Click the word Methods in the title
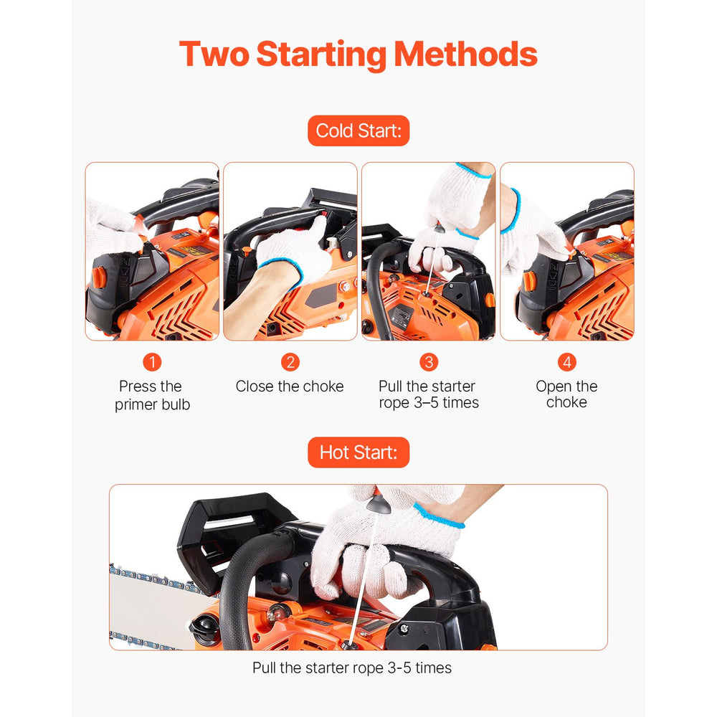click(x=465, y=54)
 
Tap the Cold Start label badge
click(x=358, y=130)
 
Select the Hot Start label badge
click(x=358, y=452)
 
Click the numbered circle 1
click(x=152, y=362)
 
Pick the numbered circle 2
click(x=290, y=362)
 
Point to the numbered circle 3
click(x=429, y=362)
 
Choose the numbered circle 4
click(x=567, y=362)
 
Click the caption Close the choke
click(x=290, y=386)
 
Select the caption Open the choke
click(x=566, y=394)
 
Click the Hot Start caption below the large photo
click(x=351, y=668)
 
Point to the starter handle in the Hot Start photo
click(x=378, y=503)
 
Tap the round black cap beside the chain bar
click(x=204, y=629)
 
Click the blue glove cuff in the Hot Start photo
click(x=439, y=517)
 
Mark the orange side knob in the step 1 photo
click(x=99, y=277)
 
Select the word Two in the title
click(x=214, y=54)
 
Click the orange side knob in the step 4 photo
click(x=529, y=281)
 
